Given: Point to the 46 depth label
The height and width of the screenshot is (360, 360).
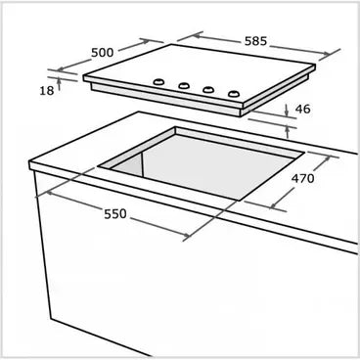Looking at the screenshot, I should (x=302, y=110).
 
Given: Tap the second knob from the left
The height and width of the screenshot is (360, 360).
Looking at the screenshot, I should (x=183, y=86).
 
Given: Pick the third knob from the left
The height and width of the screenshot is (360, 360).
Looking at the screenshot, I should (x=207, y=91).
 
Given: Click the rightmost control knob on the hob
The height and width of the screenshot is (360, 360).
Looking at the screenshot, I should (x=233, y=95).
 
